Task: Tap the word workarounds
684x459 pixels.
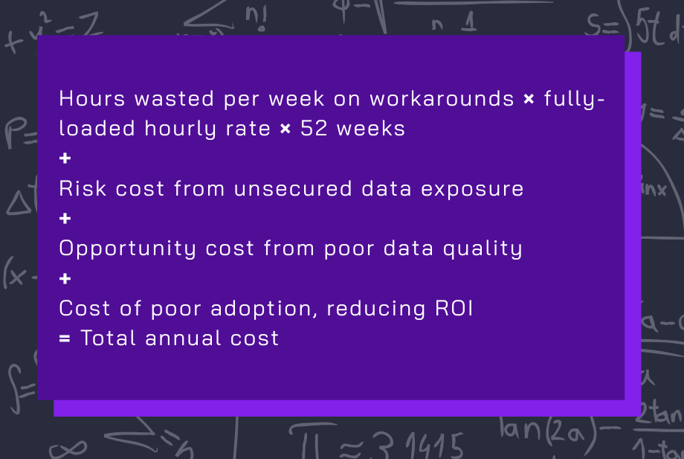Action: coord(442,98)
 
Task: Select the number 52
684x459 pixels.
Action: coord(313,128)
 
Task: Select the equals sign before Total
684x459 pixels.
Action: coord(65,338)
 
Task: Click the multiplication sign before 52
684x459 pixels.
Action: coord(285,129)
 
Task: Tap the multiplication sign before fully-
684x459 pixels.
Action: coord(529,99)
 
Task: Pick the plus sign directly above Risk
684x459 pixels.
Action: coord(65,158)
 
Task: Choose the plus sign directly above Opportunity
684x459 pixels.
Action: coord(65,219)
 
